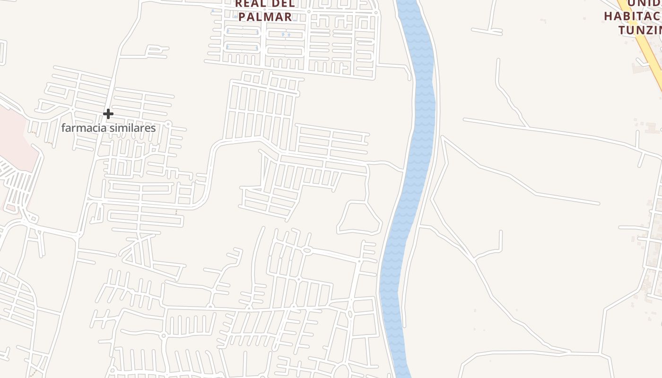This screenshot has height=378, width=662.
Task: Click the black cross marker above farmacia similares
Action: [x=108, y=114]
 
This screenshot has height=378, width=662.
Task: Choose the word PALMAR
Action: [x=265, y=17]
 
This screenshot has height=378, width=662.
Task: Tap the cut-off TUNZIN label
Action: [x=640, y=30]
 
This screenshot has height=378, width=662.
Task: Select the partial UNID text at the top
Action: [x=644, y=3]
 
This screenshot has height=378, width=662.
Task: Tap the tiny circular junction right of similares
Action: [x=169, y=124]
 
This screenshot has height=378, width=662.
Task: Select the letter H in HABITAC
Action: [x=609, y=16]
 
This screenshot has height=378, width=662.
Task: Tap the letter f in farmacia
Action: [x=63, y=128]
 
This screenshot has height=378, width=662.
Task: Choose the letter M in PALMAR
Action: [x=270, y=17]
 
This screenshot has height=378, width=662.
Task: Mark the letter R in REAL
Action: [x=239, y=4]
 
